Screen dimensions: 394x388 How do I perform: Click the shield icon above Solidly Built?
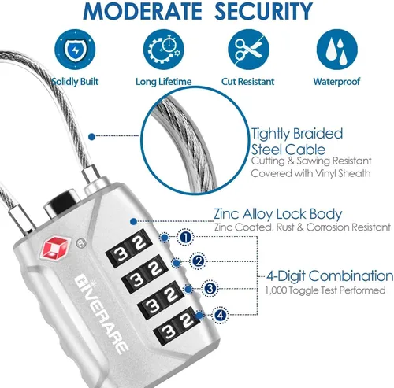pos(75,50)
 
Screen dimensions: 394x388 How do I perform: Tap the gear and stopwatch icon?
pos(164,50)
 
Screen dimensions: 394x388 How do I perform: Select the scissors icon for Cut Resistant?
pos(248,50)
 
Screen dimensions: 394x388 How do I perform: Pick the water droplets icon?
pos(337,50)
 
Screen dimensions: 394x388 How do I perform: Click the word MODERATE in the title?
pos(143,11)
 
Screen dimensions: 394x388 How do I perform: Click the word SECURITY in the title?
pos(265,11)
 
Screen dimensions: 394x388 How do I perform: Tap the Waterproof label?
pos(336,82)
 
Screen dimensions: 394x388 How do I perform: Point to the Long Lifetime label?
pos(163,82)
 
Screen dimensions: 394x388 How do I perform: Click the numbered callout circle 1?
pos(186,238)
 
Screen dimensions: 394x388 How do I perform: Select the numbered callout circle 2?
pos(198,261)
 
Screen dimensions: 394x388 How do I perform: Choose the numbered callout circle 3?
pos(210,289)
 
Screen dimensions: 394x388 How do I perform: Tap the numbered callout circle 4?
pos(220,315)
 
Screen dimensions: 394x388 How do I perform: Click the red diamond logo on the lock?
pos(55,248)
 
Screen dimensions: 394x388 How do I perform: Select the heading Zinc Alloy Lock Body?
pos(278,214)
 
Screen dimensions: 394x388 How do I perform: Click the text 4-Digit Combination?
pos(330,276)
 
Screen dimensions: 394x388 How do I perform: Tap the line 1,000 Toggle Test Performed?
pos(325,290)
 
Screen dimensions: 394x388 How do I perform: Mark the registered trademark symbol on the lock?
pos(81,243)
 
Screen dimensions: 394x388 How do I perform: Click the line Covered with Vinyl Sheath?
pos(310,173)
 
